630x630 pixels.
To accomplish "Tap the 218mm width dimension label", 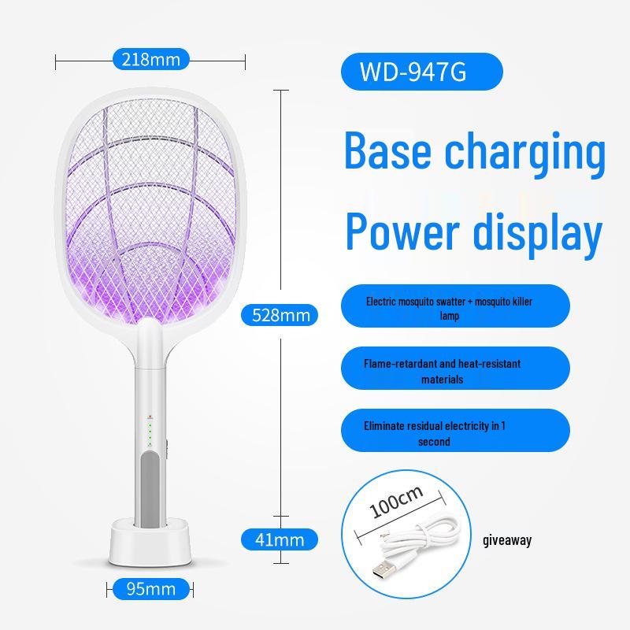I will [x=151, y=58].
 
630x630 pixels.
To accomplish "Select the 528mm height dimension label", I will [x=280, y=315].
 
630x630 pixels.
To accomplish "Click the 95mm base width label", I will [x=150, y=587].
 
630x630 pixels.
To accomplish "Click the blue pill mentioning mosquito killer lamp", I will [x=455, y=306].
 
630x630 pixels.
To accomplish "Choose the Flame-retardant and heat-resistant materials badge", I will [x=455, y=370].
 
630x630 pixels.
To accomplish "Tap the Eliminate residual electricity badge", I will [x=455, y=432].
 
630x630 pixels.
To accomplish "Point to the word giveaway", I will [x=506, y=540].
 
